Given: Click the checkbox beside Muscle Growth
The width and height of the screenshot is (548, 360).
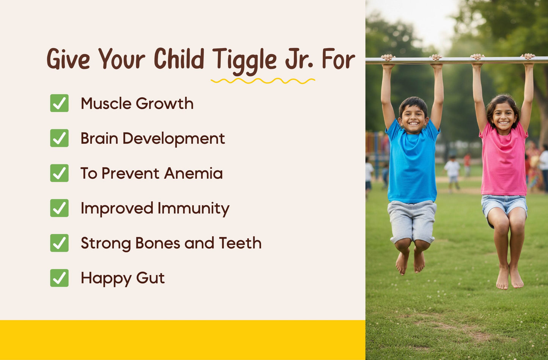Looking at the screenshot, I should coord(60,103).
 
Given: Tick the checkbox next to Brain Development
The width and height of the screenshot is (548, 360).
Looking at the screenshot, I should coord(60,138).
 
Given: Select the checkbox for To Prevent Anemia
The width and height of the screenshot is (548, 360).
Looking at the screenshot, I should coord(60,173).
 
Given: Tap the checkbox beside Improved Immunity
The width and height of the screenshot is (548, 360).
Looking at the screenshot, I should coord(60,208).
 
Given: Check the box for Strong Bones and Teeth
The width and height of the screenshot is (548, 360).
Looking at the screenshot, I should coord(60,243).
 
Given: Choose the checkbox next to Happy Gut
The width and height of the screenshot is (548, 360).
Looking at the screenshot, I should coord(60,278).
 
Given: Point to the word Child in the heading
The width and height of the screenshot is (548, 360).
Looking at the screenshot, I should coord(179,60).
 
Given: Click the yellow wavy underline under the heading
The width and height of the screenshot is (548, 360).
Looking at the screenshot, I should coord(263,81).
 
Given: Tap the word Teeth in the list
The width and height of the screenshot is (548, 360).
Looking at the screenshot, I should coord(240,243).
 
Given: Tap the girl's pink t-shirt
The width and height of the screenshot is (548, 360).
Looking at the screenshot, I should coord(503,163).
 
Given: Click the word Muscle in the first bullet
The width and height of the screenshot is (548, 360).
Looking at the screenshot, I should coord(106,104).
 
